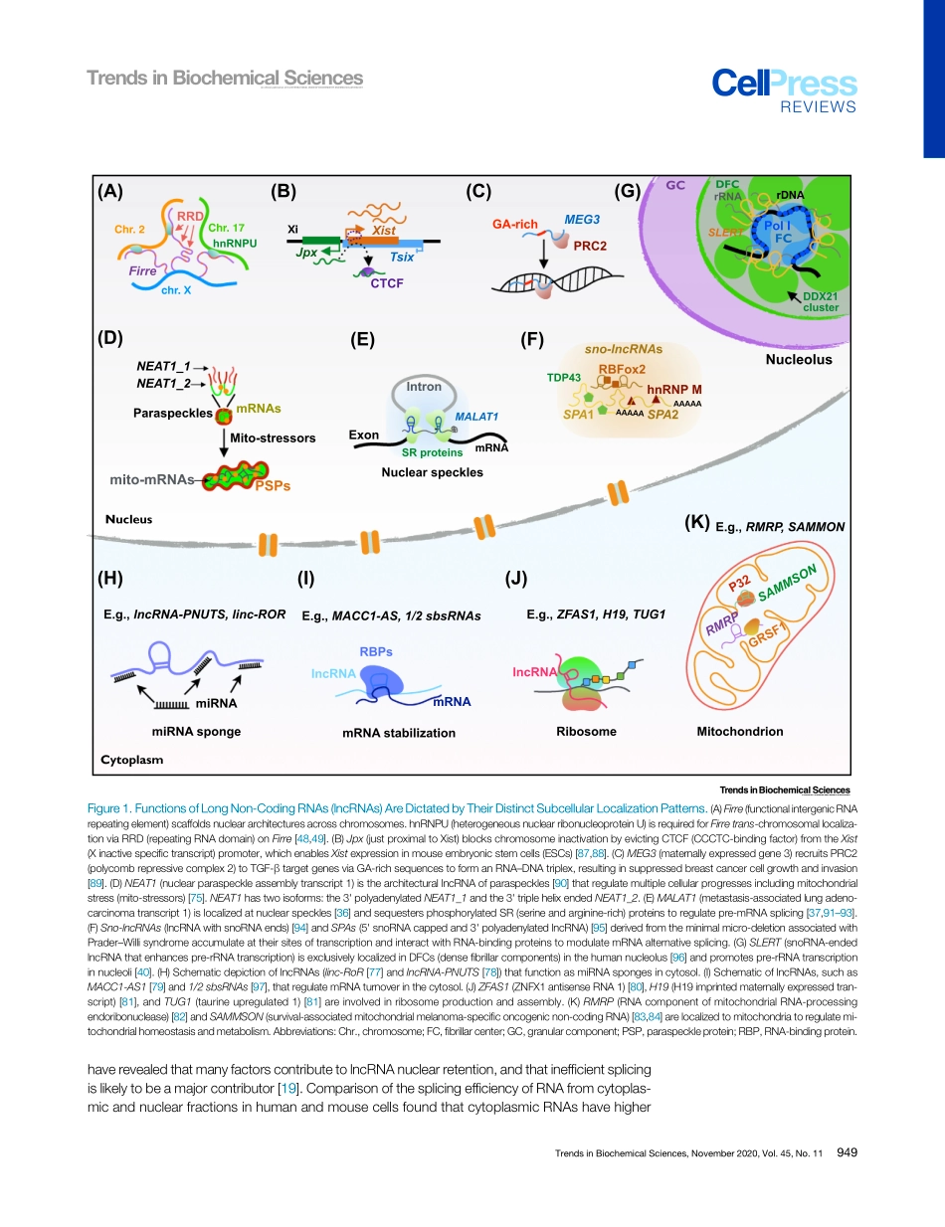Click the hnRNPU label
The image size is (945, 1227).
[x=236, y=242]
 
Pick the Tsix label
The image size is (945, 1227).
[x=402, y=257]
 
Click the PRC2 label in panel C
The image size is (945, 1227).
[x=590, y=245]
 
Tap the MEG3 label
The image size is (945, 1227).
[x=582, y=218]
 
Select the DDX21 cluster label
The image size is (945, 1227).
[x=822, y=302]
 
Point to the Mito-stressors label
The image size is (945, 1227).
[x=273, y=437]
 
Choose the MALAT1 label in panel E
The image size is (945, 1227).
[x=475, y=416]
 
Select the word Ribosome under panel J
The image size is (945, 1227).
[x=586, y=731]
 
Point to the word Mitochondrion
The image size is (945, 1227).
[x=740, y=731]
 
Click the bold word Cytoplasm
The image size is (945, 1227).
[x=132, y=760]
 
